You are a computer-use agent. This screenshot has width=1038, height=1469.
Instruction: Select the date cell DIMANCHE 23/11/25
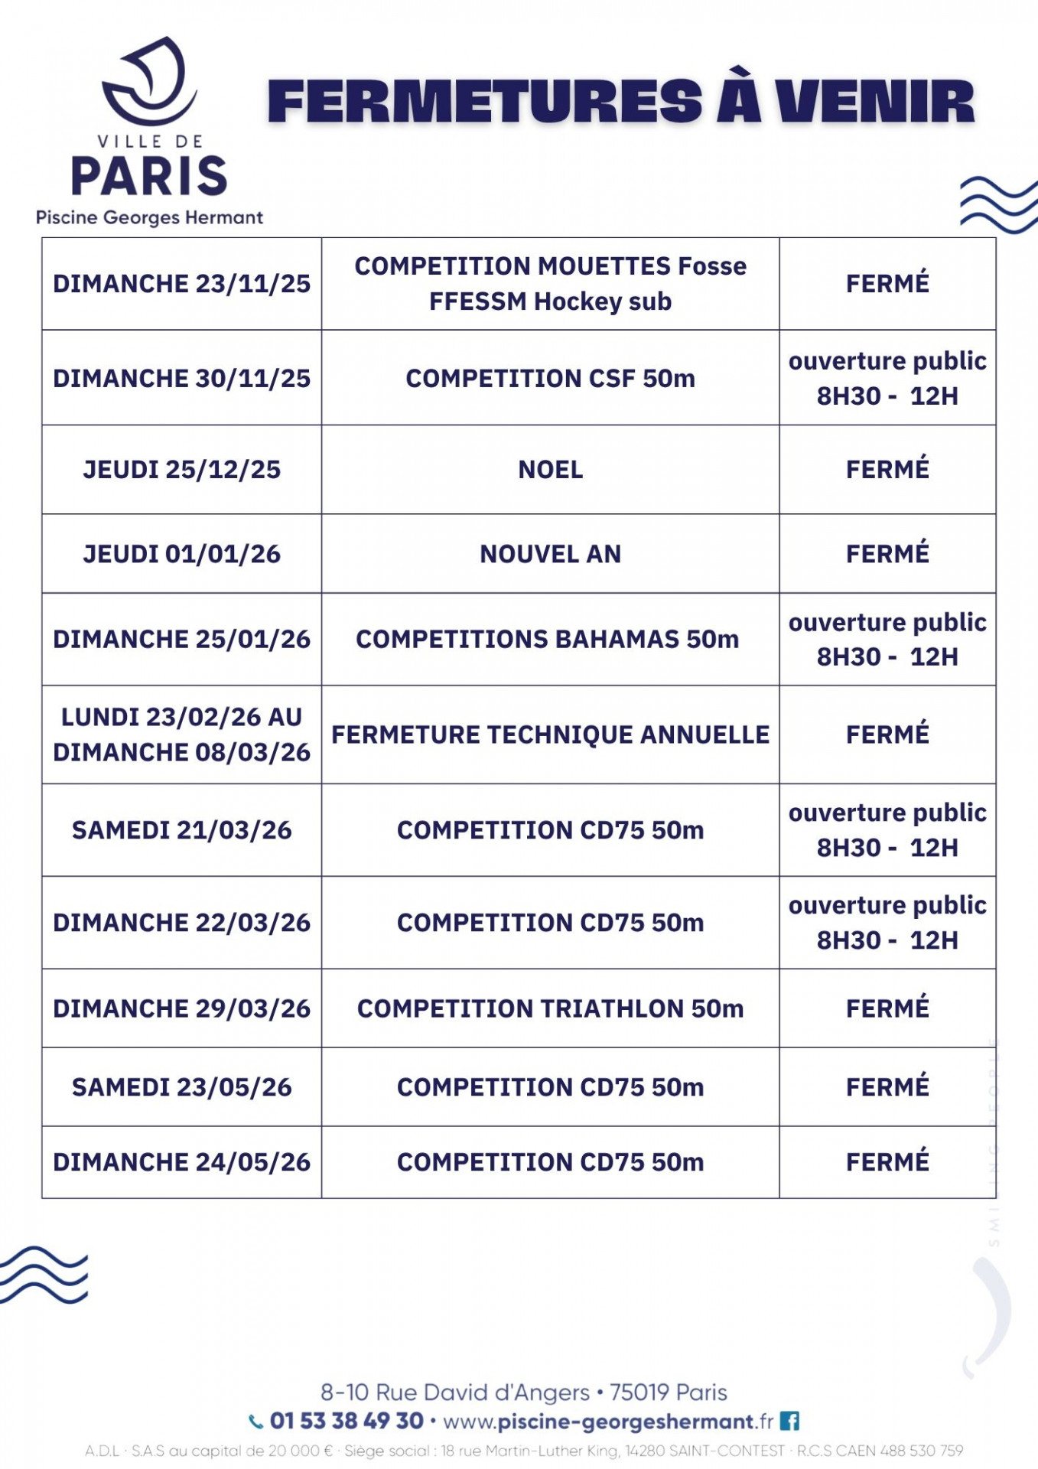(181, 284)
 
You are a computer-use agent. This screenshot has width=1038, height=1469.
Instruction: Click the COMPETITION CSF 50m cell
(550, 378)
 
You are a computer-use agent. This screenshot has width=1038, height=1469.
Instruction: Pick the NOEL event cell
(550, 469)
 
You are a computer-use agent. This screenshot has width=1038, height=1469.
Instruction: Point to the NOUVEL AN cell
(550, 554)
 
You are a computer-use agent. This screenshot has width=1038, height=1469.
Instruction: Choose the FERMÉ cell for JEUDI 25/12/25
(887, 469)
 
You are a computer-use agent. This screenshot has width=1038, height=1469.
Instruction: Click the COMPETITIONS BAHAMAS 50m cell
(547, 639)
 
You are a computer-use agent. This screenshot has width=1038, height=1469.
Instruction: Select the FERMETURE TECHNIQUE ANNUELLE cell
(550, 734)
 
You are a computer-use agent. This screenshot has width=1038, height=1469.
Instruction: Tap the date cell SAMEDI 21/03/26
(181, 830)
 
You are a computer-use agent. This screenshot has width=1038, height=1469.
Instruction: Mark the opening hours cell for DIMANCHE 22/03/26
(887, 923)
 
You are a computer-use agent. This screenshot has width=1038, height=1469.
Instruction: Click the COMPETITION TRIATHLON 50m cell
(550, 1008)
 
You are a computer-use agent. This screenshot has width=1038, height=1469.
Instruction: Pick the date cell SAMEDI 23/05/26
(181, 1087)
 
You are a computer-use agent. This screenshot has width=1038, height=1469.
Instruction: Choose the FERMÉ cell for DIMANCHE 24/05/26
(887, 1161)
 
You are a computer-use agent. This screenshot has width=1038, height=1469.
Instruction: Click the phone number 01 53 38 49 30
(346, 1421)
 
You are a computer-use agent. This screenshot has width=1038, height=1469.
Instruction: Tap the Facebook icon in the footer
(790, 1422)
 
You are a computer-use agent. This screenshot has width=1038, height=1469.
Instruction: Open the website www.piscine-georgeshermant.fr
(608, 1422)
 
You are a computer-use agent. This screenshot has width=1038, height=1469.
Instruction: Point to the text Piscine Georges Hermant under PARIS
(149, 217)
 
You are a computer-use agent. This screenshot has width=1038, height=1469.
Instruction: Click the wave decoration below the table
(44, 1275)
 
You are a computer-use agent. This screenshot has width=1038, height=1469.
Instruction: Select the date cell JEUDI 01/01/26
(181, 554)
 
